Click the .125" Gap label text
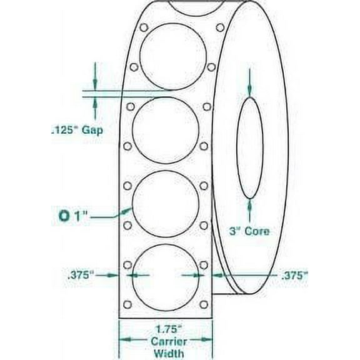(76, 131)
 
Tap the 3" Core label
(248, 231)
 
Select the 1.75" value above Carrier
(166, 327)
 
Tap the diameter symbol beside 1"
(62, 216)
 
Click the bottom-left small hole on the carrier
(127, 305)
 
